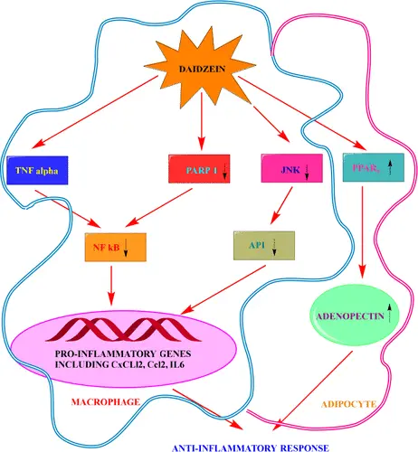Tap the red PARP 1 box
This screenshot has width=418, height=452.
pos(202,168)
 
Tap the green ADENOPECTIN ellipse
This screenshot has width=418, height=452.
pos(358,315)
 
